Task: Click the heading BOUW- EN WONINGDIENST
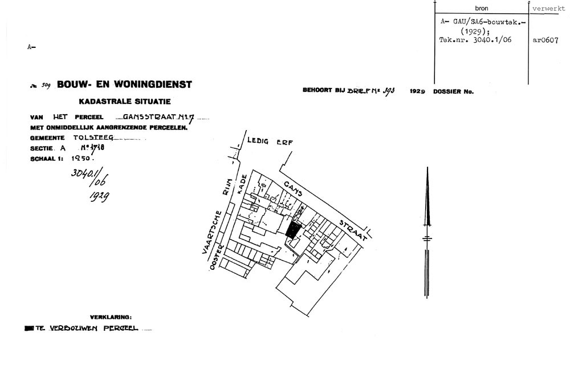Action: tap(124, 85)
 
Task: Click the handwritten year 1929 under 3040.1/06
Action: tap(99, 197)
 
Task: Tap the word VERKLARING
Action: tap(111, 317)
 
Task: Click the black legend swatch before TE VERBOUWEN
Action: tap(29, 329)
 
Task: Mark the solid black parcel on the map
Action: tap(292, 230)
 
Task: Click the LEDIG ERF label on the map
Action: tap(270, 142)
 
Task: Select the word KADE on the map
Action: tap(242, 184)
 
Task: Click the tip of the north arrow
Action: tap(427, 169)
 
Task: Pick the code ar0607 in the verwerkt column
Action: tap(545, 40)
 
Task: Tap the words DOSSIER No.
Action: tap(453, 92)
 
